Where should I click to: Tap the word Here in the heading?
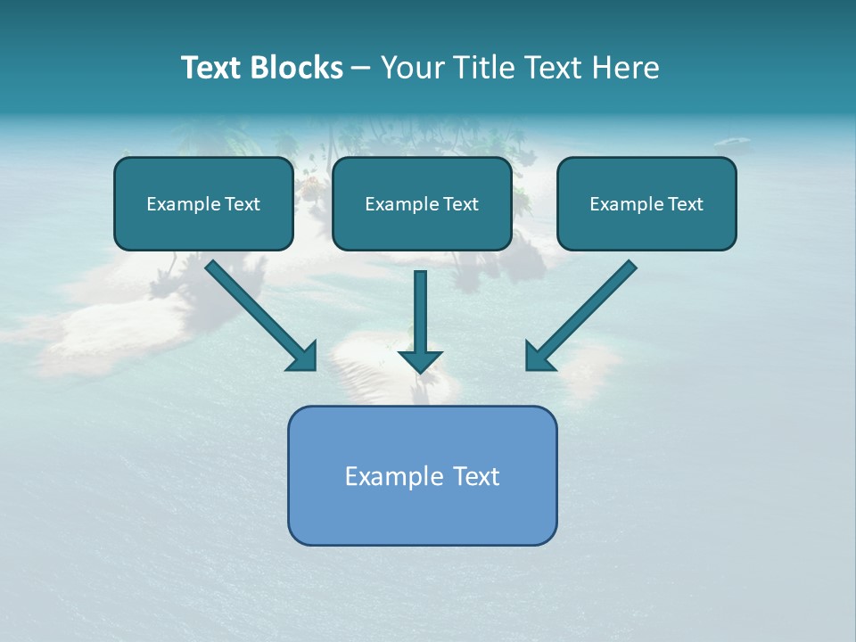coord(626,68)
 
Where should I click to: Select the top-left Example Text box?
coord(203,204)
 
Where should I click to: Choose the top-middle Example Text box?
coord(422,204)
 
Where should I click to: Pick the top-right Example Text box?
coord(646,204)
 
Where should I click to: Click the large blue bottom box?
coord(422,475)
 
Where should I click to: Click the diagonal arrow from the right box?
coord(584,312)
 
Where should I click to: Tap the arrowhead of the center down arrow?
coord(420,360)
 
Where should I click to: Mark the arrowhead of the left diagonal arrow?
coord(304,357)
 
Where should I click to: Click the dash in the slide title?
coord(361,69)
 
